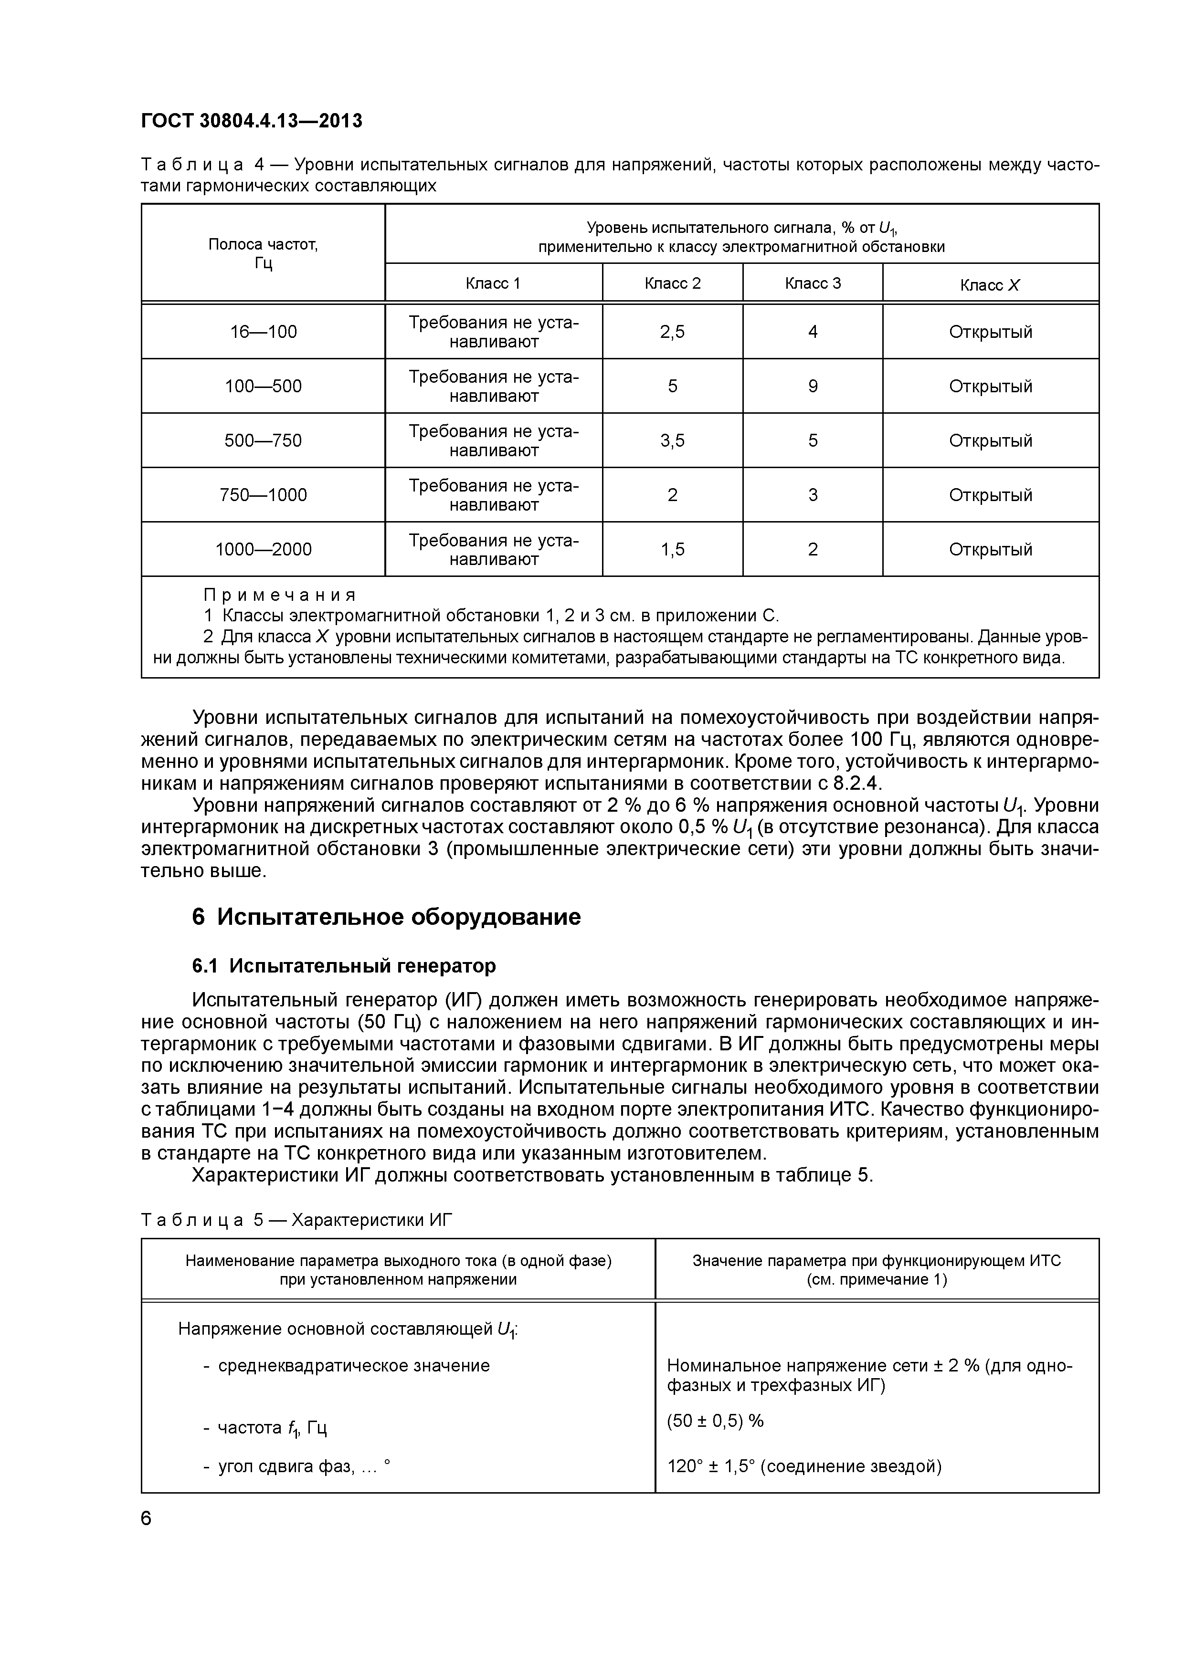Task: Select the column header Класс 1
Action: point(493,283)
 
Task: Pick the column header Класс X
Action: point(990,285)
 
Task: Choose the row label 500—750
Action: point(264,441)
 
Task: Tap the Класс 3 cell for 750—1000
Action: point(813,495)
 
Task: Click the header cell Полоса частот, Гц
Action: point(264,253)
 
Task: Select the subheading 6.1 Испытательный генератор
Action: point(344,965)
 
